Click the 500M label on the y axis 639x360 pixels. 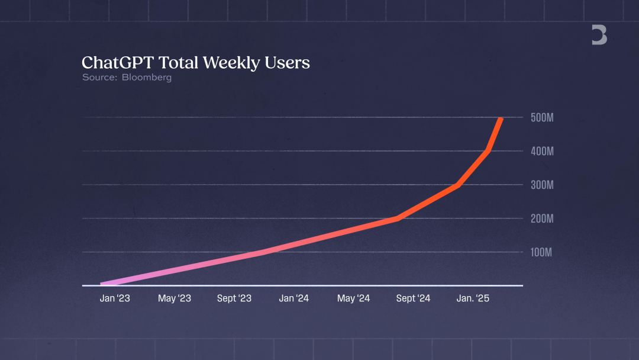[x=541, y=118]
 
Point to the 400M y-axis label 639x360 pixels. [x=541, y=152]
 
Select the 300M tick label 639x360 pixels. [x=541, y=185]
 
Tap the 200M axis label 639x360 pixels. [x=541, y=218]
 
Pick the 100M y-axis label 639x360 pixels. [x=541, y=252]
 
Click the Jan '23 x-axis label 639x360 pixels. [x=115, y=298]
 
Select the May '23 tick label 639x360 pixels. [x=175, y=298]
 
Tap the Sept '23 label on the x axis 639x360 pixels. [x=234, y=298]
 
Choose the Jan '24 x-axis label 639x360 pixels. [x=294, y=298]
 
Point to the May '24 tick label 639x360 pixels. [x=354, y=298]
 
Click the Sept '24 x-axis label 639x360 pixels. [x=413, y=298]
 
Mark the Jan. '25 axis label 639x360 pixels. [x=473, y=298]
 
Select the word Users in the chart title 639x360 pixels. [x=289, y=63]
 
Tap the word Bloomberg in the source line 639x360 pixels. [x=147, y=78]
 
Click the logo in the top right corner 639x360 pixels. [x=599, y=36]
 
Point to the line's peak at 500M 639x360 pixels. [x=502, y=119]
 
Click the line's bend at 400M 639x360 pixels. [x=488, y=150]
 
